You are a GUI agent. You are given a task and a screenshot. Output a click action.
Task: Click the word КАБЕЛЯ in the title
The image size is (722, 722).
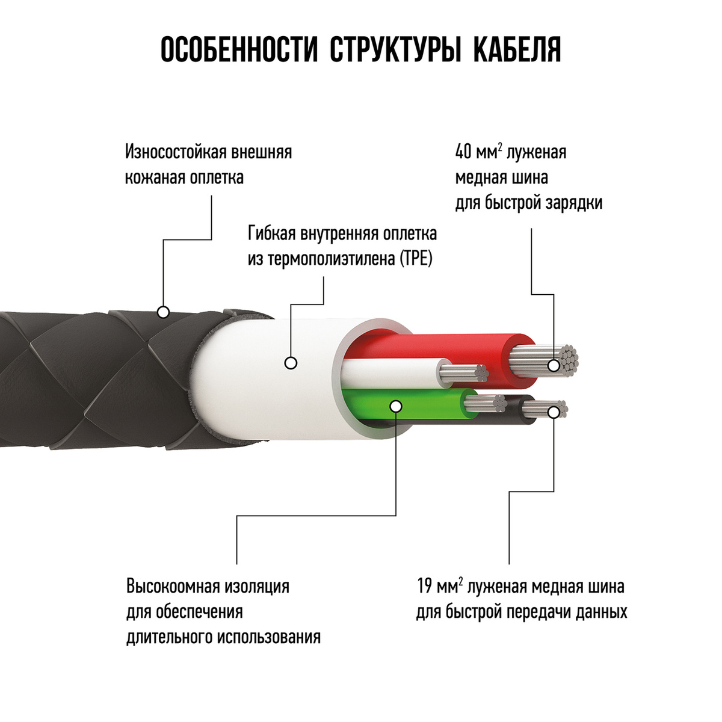[517, 50]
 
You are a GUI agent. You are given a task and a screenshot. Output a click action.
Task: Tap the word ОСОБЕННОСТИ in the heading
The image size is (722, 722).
[239, 50]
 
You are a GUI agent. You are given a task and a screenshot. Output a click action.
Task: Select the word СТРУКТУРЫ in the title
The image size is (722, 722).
[395, 50]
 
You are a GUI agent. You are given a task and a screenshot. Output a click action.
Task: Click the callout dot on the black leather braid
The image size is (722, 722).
[164, 312]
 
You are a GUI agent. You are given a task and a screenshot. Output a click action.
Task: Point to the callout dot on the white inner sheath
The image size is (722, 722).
[291, 363]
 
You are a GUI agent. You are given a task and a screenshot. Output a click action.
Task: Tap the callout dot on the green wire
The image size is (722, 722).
[396, 406]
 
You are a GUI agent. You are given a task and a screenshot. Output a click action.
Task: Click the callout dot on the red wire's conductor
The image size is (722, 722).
[554, 365]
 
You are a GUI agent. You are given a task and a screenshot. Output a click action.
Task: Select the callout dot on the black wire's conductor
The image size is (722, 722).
[554, 413]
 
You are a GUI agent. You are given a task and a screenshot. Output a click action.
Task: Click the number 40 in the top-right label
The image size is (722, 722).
[464, 153]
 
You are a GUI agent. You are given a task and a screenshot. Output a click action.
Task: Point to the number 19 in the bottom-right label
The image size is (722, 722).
[425, 586]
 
